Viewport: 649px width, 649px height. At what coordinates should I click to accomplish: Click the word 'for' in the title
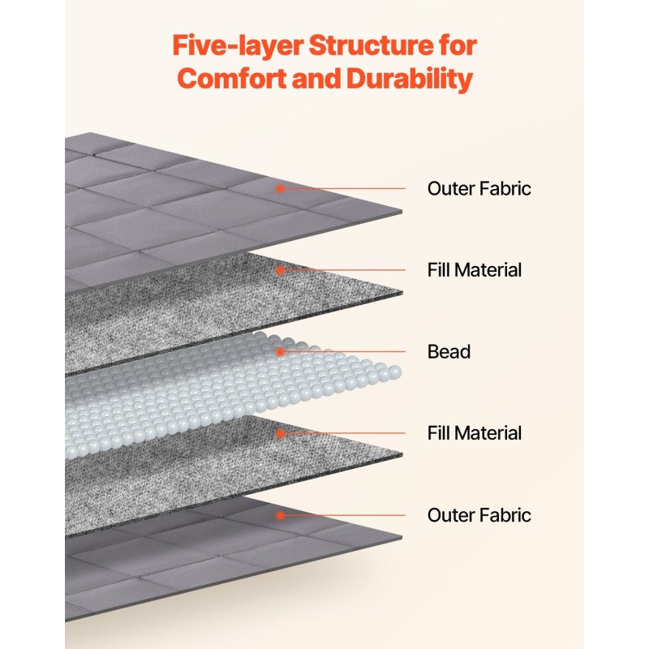pos(458,45)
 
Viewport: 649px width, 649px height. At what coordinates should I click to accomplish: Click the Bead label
pos(449,352)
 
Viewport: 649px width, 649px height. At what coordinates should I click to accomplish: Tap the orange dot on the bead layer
pos(280,352)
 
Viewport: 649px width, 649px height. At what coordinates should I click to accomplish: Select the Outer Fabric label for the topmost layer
pos(479,189)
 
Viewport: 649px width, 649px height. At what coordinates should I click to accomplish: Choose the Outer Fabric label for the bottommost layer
pos(479,515)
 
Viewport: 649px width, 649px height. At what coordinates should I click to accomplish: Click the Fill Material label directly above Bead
pos(475,270)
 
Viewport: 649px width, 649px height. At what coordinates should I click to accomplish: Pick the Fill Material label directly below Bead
pos(475,433)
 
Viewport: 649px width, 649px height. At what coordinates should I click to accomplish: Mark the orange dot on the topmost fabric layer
pos(280,189)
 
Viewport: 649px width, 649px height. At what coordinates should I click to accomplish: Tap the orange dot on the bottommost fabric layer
pos(280,515)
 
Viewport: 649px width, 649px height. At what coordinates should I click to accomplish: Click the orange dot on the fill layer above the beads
pos(280,270)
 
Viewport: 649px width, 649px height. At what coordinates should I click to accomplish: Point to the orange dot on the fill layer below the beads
pos(280,433)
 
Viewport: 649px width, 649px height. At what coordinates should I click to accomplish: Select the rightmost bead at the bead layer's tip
pos(395,372)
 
